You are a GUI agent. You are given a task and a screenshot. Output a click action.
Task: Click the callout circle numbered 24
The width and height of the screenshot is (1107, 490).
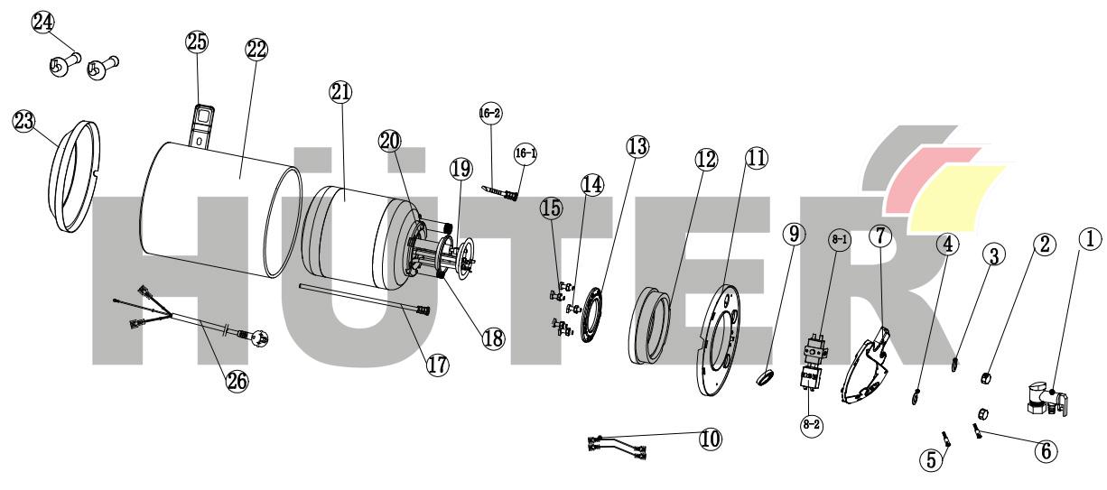[x=43, y=23]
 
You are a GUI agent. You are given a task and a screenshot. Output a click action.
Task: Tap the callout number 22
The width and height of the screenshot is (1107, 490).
[x=256, y=50]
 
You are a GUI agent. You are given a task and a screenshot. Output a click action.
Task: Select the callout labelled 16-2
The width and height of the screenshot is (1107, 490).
[x=490, y=113]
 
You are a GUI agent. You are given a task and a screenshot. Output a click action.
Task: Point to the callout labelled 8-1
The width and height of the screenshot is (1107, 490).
[x=840, y=240]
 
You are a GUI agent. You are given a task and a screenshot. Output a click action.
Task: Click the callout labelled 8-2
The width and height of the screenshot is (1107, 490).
[x=812, y=425]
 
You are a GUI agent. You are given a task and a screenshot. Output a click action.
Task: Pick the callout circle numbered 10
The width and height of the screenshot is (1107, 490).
[x=711, y=439]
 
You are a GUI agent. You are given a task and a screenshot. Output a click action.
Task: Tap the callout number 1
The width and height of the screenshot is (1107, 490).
[x=1090, y=239]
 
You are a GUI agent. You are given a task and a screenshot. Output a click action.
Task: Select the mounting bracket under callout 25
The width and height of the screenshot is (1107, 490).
[x=203, y=126]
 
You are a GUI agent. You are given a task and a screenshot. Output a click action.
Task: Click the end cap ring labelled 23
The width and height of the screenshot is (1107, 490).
[x=77, y=175]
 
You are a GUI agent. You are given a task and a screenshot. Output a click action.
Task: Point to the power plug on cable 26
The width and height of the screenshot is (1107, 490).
[x=258, y=338]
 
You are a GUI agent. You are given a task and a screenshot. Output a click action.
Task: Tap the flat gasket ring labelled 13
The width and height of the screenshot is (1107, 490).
[x=593, y=315]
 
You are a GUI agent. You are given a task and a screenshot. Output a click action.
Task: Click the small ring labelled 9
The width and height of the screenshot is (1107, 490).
[x=765, y=379]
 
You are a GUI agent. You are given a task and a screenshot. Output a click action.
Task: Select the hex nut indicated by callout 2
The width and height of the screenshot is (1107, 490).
[x=985, y=378]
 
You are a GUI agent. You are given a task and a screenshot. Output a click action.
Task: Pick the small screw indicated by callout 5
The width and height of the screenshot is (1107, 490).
[x=946, y=438]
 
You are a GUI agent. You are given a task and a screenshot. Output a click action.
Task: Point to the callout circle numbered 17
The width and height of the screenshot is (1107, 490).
[x=438, y=365]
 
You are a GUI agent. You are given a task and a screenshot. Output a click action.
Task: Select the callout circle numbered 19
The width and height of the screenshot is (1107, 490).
[x=461, y=169]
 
